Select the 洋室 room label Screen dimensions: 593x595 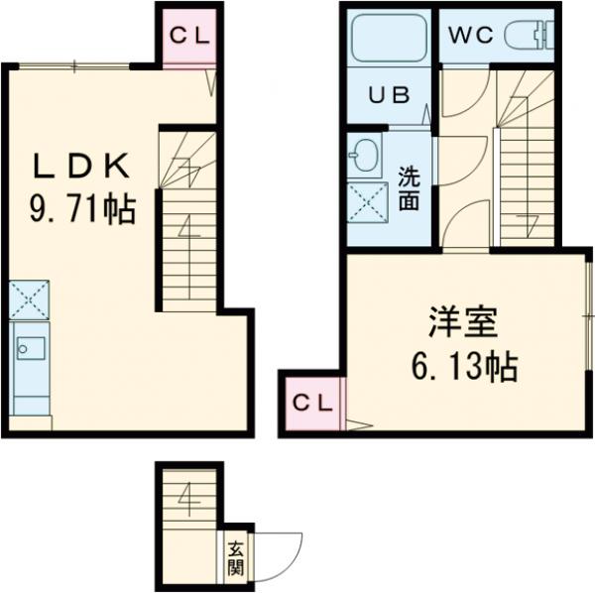(463, 322)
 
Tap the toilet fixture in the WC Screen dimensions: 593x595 (530, 36)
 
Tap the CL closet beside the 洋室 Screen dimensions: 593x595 (311, 405)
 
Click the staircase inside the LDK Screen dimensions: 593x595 (187, 223)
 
